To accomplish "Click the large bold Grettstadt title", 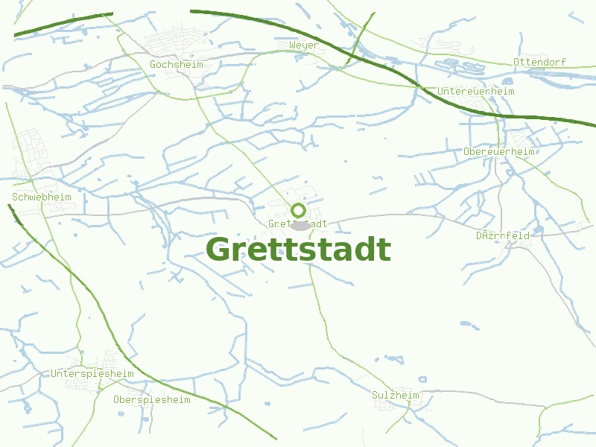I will coord(298,250).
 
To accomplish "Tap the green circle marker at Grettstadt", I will coord(298,210).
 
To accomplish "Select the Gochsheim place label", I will coord(176,65).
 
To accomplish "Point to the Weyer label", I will coord(303,45).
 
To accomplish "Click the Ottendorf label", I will coord(539,62).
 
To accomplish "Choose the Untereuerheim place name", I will coord(476,91).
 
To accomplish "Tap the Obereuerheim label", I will coord(499,151).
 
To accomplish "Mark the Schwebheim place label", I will coord(42,197).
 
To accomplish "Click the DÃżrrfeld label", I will coord(503,235).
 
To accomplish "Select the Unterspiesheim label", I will coord(92,373).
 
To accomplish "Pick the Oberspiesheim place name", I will coord(151,399).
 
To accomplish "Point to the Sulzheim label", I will coord(396,395).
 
